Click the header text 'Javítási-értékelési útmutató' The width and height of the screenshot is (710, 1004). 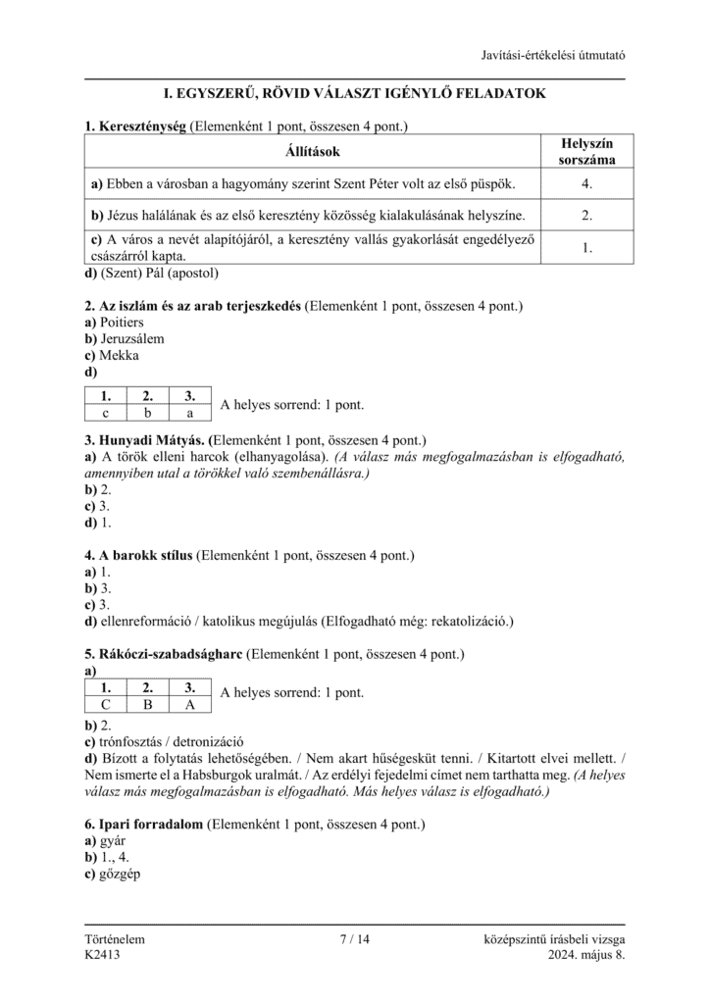pyautogui.click(x=553, y=55)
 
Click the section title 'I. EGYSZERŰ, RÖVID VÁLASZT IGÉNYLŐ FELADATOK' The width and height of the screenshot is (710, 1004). pyautogui.click(x=354, y=93)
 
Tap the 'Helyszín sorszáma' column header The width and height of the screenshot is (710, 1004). pyautogui.click(x=586, y=151)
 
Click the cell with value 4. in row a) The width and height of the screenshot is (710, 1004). pyautogui.click(x=586, y=183)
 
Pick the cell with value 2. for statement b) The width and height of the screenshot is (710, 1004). pyautogui.click(x=586, y=216)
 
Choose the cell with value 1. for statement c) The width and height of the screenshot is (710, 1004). pyautogui.click(x=586, y=248)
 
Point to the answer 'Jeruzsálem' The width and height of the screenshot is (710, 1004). pyautogui.click(x=132, y=339)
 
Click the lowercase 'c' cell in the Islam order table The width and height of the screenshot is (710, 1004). pyautogui.click(x=106, y=414)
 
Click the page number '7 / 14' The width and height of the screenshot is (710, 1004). pyautogui.click(x=354, y=939)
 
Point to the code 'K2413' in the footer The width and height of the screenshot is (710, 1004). pyautogui.click(x=103, y=955)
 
